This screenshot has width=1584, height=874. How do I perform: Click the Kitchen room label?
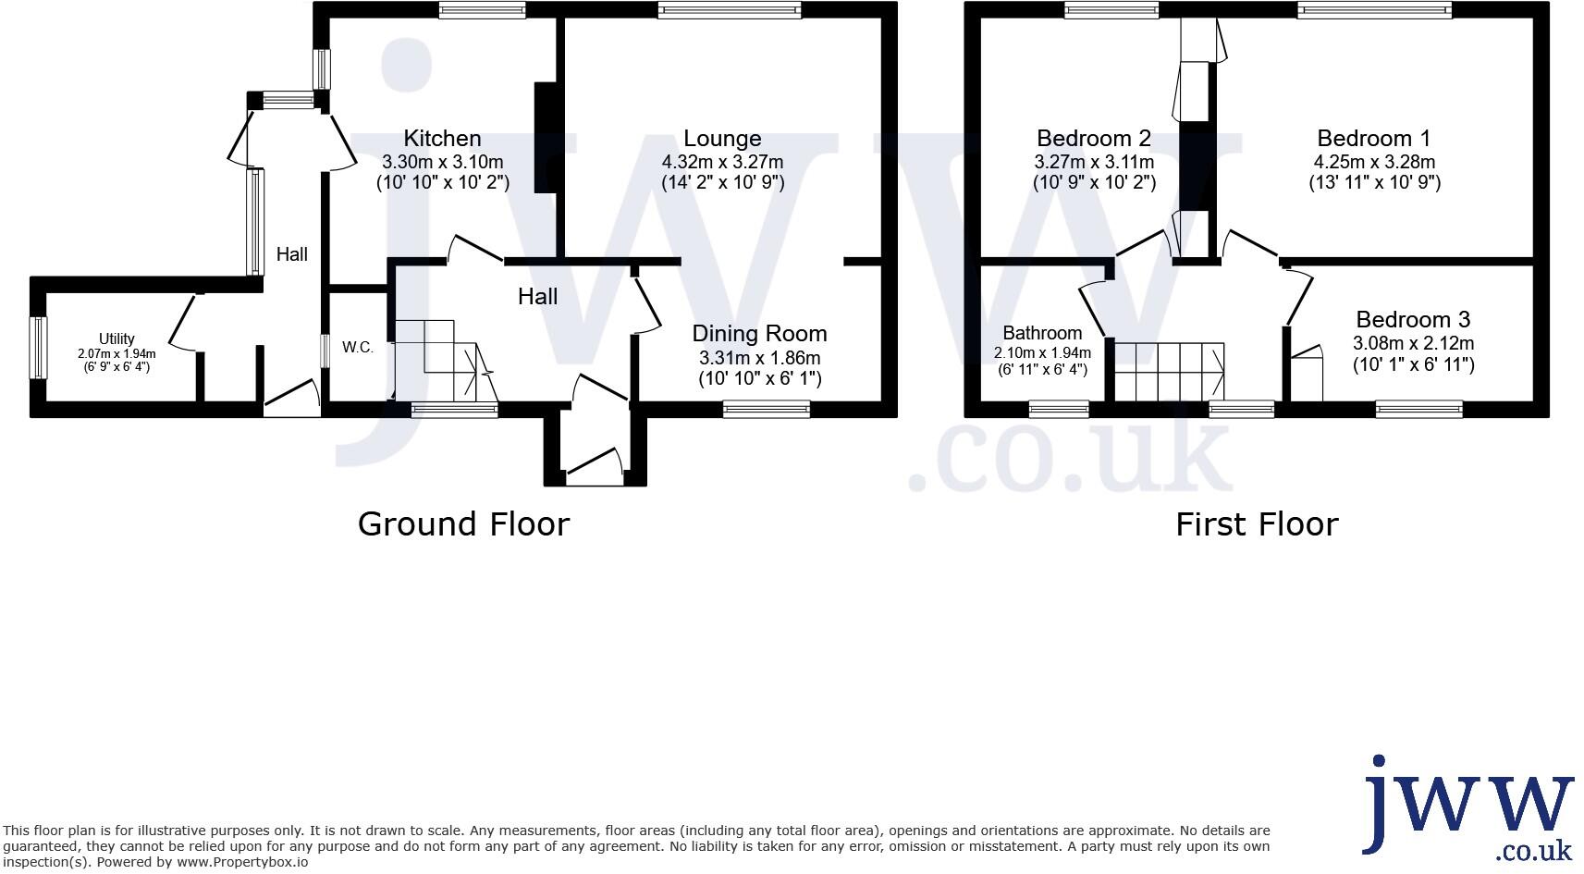(x=442, y=139)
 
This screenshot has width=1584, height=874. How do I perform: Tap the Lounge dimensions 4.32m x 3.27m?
(x=722, y=162)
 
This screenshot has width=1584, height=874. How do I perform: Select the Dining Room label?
(x=759, y=333)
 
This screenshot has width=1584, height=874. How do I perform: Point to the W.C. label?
(x=358, y=348)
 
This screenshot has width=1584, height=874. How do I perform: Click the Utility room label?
(x=117, y=339)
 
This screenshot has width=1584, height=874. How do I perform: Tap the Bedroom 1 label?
(x=1373, y=139)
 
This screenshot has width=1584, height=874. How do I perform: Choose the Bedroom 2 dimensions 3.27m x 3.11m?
(x=1094, y=162)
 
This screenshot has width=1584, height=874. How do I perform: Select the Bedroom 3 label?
(x=1412, y=320)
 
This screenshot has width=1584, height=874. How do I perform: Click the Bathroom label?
(x=1042, y=333)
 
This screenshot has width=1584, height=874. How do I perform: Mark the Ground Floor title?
(x=463, y=524)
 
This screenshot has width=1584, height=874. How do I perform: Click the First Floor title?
(x=1257, y=524)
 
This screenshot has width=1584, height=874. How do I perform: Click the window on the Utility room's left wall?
(x=38, y=348)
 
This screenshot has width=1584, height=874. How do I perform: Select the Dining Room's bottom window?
(x=766, y=409)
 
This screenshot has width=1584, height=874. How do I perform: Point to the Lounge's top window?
(x=730, y=10)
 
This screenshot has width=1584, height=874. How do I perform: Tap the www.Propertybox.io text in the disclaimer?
(x=242, y=862)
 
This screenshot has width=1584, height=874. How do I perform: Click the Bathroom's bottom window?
(x=1059, y=409)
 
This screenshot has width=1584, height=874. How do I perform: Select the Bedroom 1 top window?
(x=1373, y=10)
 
